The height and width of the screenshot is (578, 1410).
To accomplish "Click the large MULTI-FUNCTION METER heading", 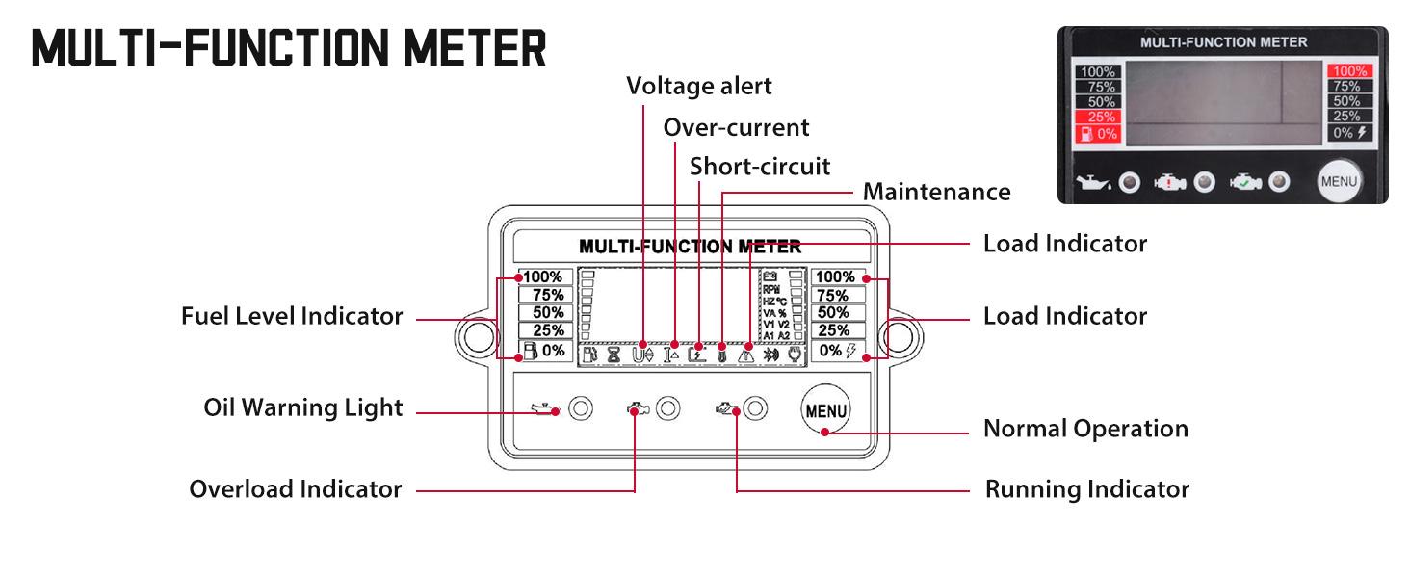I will [x=289, y=49].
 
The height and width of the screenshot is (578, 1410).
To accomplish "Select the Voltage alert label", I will [x=698, y=86].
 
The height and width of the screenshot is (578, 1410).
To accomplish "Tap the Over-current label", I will [x=736, y=127].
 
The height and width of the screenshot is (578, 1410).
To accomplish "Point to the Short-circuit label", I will [x=759, y=166].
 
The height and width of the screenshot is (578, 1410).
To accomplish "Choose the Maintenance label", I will [x=936, y=192].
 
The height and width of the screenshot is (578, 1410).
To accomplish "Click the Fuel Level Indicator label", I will [x=292, y=316].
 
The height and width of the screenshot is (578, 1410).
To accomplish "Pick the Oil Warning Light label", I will [x=302, y=407].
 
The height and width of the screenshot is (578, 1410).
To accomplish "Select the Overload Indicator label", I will [x=295, y=489].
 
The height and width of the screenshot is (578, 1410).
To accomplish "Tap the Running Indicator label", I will [x=1086, y=489].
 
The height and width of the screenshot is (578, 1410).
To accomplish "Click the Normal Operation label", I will [x=1085, y=429].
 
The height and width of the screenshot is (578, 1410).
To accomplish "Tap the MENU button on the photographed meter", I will [x=1338, y=181].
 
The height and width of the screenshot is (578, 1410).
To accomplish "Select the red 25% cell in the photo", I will [x=1098, y=118].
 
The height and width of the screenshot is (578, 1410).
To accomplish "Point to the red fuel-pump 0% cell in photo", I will [x=1098, y=134].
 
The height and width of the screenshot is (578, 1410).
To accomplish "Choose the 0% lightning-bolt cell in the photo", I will [x=1348, y=133].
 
